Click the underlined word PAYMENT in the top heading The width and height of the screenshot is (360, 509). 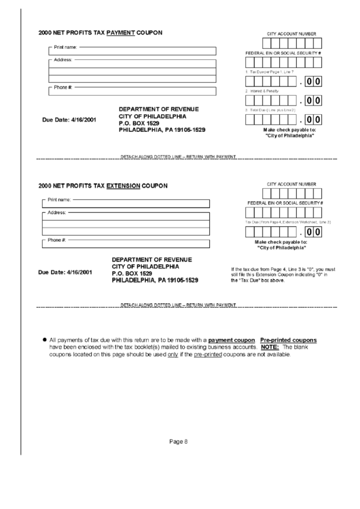pos(120,33)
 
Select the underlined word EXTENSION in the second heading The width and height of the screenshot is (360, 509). pos(124,186)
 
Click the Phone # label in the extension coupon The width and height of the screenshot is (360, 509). pos(56,240)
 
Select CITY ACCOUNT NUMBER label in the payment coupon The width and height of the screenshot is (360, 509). pos(291,33)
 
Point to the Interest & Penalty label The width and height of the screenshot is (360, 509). pos(262,90)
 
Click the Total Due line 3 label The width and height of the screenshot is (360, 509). pos(270,110)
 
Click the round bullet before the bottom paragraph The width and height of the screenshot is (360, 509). pos(45,339)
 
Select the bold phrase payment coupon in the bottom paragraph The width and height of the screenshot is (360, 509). pos(232,339)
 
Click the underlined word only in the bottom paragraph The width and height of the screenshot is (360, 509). pos(173,354)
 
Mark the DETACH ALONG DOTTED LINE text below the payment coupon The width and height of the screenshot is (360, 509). pos(178,157)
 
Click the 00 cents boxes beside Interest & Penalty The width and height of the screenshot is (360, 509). pos(313,101)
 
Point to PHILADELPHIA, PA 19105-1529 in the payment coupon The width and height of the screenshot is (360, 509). pos(162,129)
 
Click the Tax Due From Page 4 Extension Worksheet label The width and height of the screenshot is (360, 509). pos(287,222)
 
